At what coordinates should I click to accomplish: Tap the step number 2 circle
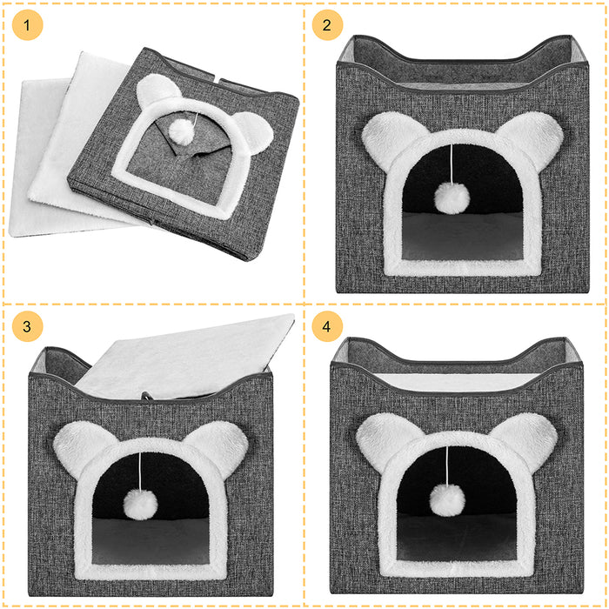click(x=327, y=25)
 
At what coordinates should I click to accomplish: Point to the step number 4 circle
click(x=327, y=327)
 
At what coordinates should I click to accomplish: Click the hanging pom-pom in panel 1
click(x=180, y=130)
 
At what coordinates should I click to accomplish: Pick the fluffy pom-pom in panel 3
click(x=138, y=501)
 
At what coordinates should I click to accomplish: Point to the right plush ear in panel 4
click(x=522, y=435)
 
